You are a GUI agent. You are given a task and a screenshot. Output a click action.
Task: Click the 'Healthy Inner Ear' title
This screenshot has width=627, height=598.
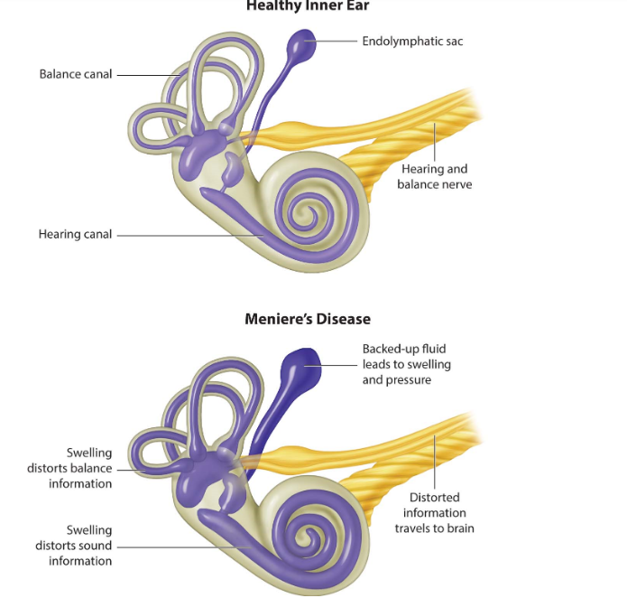307,5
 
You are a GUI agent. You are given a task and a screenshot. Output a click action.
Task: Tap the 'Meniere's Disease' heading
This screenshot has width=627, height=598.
307,319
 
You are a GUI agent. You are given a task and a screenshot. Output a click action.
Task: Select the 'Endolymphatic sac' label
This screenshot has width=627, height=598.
411,41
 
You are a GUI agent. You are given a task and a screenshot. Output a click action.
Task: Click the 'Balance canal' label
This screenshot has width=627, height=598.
76,73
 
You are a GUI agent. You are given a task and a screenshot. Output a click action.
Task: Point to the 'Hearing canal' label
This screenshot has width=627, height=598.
75,234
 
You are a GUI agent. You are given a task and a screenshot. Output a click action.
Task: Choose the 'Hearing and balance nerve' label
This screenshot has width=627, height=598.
434,176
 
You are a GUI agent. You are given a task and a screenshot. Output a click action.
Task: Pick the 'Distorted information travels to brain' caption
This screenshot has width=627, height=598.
434,512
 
